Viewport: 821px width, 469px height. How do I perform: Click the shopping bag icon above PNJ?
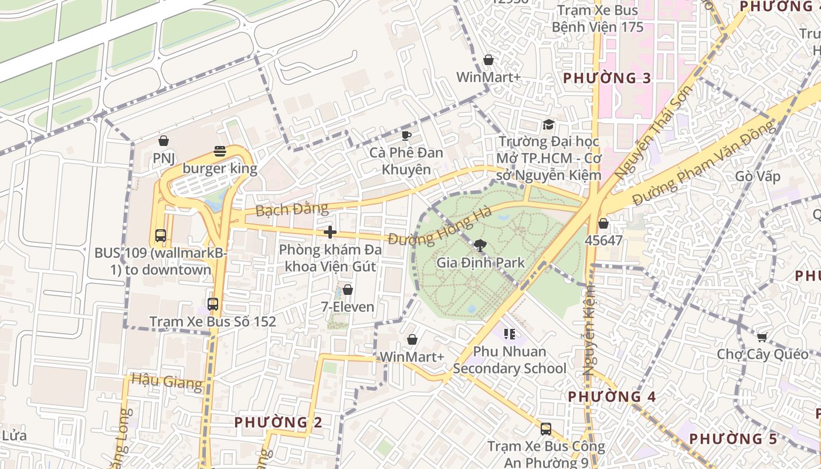pyautogui.click(x=164, y=141)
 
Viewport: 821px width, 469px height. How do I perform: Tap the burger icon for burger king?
pyautogui.click(x=220, y=151)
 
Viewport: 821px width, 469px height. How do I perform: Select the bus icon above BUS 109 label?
pyautogui.click(x=160, y=236)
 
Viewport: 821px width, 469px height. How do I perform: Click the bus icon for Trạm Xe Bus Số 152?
pyautogui.click(x=213, y=304)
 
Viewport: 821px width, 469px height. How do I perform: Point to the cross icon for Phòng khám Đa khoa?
pyautogui.click(x=330, y=232)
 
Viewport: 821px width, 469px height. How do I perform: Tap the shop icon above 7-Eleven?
pyautogui.click(x=348, y=290)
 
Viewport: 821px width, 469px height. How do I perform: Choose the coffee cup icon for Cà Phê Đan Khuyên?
pyautogui.click(x=406, y=136)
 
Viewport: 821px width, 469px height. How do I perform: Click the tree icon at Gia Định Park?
pyautogui.click(x=480, y=246)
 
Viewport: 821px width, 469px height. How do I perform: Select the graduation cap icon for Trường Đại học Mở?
pyautogui.click(x=548, y=124)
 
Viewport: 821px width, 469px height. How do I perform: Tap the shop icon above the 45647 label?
pyautogui.click(x=603, y=223)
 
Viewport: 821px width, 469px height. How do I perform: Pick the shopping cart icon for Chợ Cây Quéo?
pyautogui.click(x=762, y=337)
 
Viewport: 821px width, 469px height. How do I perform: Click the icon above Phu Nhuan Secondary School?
pyautogui.click(x=510, y=334)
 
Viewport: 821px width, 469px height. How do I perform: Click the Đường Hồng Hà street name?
pyautogui.click(x=440, y=229)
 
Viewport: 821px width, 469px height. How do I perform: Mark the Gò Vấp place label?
pyautogui.click(x=758, y=176)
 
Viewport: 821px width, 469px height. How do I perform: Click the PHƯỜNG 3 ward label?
pyautogui.click(x=607, y=78)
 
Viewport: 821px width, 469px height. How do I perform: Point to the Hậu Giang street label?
pyautogui.click(x=167, y=382)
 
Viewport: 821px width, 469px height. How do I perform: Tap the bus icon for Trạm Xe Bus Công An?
pyautogui.click(x=546, y=429)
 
